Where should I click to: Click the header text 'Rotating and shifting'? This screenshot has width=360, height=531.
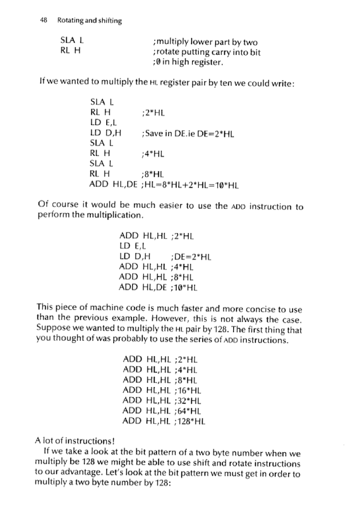89,21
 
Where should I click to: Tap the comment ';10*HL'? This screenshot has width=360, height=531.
182,287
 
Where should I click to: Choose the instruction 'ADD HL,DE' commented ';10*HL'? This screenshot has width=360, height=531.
142,287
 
